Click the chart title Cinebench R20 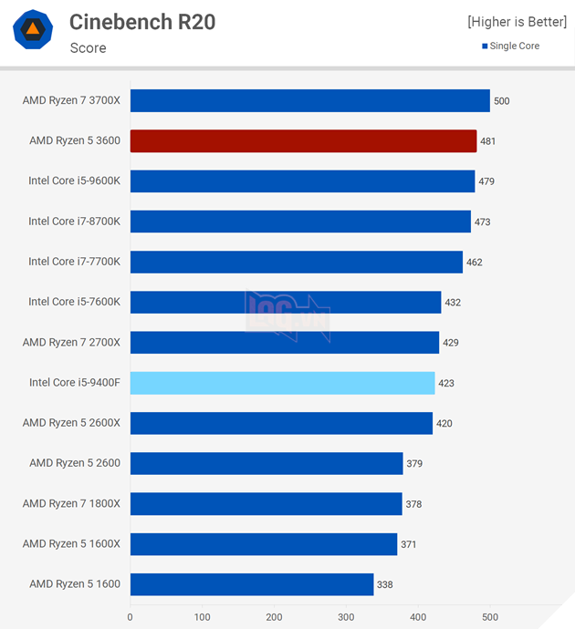[142, 22]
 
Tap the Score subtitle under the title [88, 47]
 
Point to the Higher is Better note [515, 21]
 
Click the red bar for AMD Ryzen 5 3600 [303, 140]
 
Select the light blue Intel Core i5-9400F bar [282, 383]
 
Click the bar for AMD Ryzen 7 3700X [309, 100]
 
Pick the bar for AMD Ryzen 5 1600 [251, 584]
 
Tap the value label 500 [501, 101]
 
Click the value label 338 [385, 584]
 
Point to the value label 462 [474, 263]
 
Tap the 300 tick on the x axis [346, 617]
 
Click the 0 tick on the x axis [131, 617]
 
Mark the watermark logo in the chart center [287, 314]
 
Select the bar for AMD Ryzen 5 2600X [281, 423]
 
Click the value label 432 [453, 303]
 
